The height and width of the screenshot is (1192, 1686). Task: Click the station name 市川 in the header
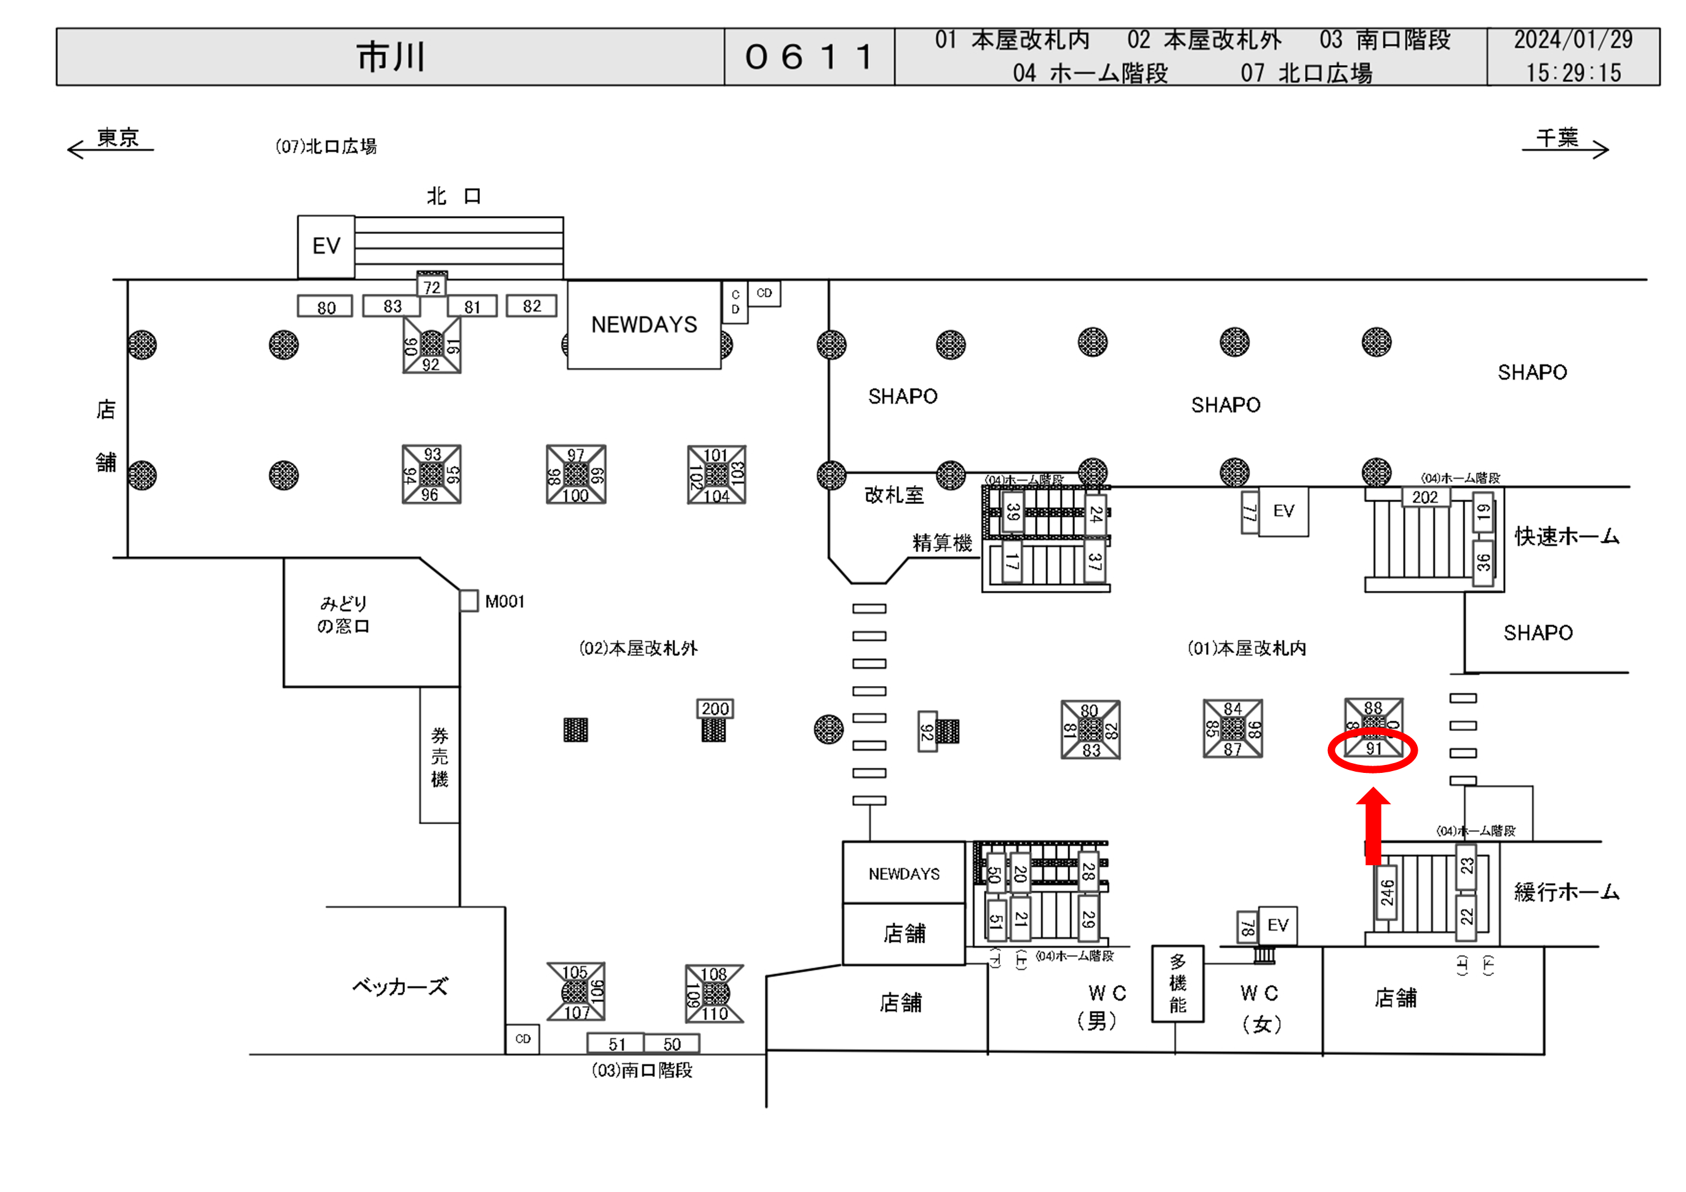(391, 57)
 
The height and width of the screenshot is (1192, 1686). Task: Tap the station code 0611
(809, 57)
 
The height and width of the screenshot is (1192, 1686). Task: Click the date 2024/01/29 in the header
(1573, 39)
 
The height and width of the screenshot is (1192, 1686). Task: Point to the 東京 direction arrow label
(118, 137)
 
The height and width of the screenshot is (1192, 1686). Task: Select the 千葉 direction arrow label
(1557, 137)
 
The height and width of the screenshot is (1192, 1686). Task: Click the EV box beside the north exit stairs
(326, 246)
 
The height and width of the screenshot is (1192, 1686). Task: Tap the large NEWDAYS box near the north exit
(644, 325)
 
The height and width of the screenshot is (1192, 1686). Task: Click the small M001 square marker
(468, 601)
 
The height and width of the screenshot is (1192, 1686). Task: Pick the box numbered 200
(714, 709)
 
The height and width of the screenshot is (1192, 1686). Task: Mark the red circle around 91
(1372, 751)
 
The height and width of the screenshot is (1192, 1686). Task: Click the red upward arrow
(1372, 824)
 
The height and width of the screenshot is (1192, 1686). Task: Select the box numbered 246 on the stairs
(1386, 893)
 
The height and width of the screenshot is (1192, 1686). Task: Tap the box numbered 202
(1424, 497)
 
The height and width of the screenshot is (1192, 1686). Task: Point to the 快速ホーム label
(1566, 536)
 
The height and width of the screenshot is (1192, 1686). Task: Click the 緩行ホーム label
(1566, 892)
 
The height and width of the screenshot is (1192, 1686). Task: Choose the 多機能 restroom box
(1177, 983)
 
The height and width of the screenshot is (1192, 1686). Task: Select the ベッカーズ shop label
(399, 986)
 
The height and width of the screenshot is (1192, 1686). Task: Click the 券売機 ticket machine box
(439, 756)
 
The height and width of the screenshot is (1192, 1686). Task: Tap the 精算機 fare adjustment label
(941, 543)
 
